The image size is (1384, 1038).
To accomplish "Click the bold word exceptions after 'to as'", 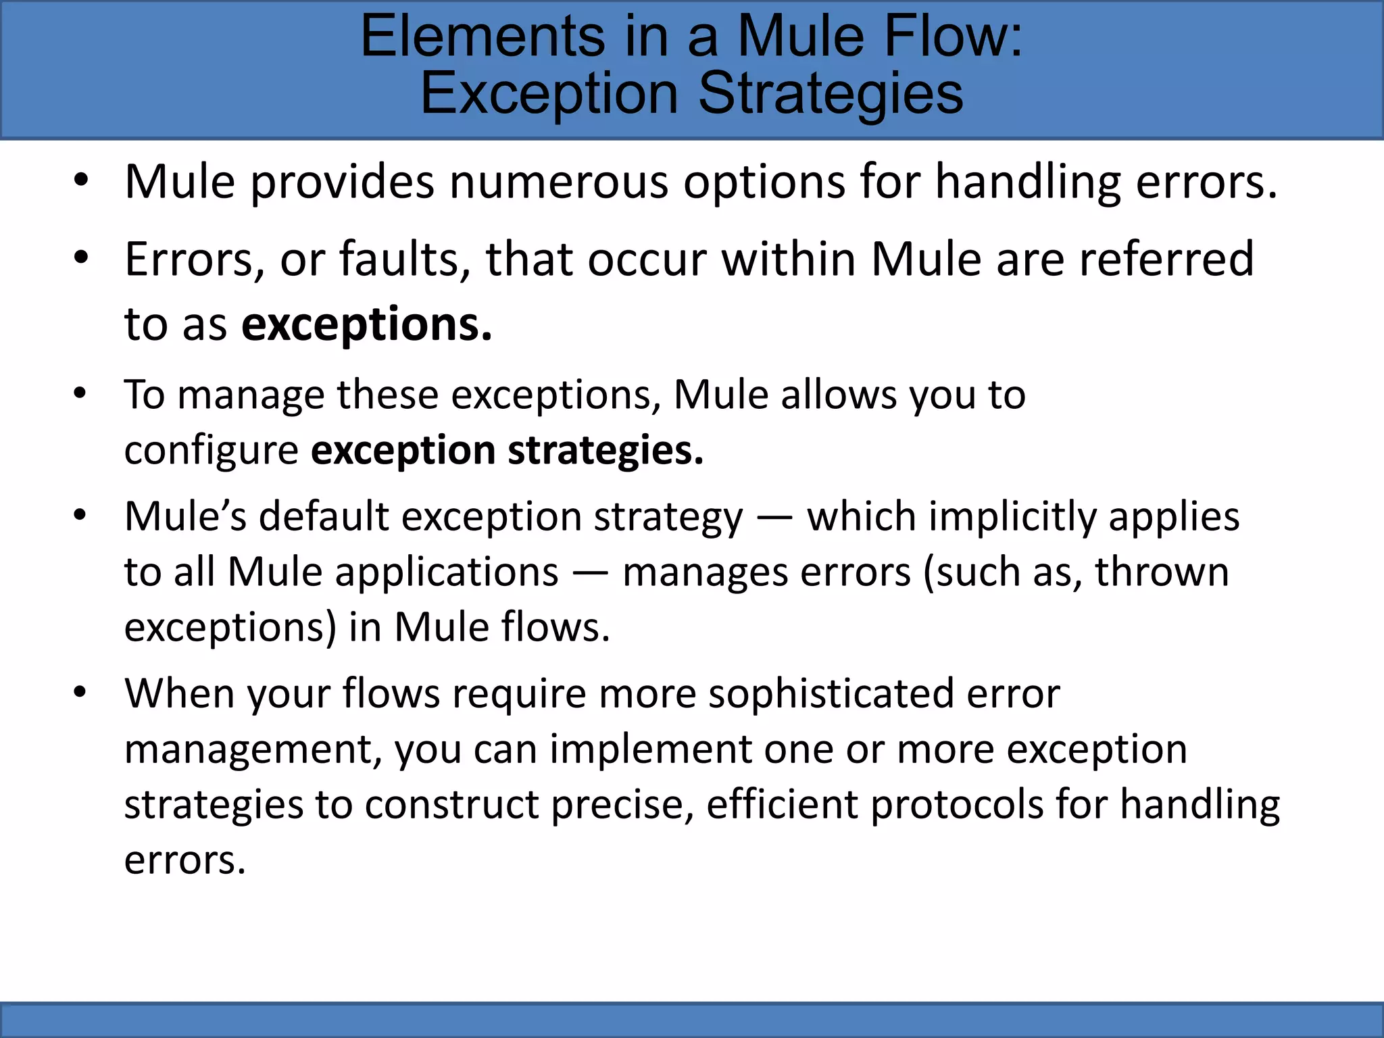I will point(366,325).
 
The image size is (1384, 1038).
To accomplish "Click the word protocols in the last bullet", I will point(956,806).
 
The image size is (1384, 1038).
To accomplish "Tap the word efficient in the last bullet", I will point(781,804).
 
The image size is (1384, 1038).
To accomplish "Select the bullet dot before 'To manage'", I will point(80,394).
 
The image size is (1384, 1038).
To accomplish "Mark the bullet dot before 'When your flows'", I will point(80,693).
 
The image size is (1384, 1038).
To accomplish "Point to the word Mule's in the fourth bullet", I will point(185,517).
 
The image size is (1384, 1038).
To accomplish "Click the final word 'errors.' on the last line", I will point(184,861).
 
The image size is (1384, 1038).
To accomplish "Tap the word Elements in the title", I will point(483,36).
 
